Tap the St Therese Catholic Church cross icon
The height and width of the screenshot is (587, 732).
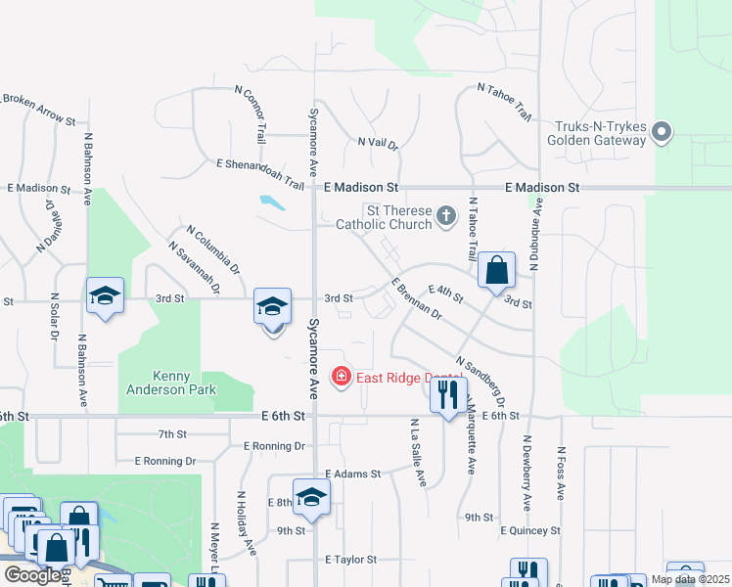446,215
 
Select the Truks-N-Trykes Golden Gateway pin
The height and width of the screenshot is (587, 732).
663,132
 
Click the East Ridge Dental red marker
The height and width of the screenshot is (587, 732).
342,377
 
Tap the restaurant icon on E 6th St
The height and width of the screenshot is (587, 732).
448,395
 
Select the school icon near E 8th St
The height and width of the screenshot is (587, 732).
311,498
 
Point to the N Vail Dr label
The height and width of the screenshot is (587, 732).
378,143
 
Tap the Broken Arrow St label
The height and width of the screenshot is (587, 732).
39,109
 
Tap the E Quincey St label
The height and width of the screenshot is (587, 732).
529,530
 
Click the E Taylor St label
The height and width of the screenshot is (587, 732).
351,560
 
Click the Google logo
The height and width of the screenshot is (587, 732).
32,575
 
